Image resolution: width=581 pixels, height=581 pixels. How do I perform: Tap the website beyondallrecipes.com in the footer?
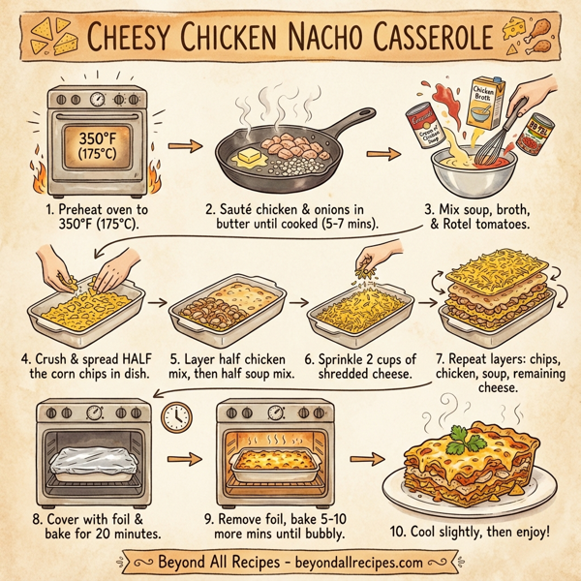coord(363,562)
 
